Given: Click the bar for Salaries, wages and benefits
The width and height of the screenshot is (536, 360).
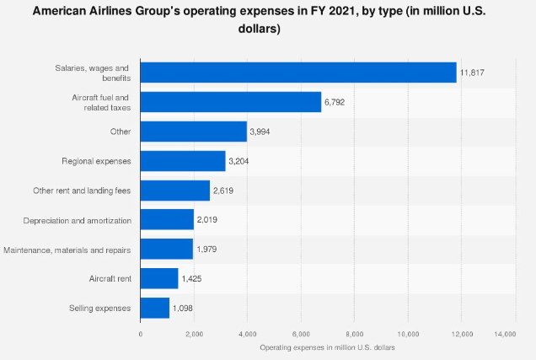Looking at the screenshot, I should point(298,73).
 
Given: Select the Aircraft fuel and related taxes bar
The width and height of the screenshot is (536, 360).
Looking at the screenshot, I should point(231,102).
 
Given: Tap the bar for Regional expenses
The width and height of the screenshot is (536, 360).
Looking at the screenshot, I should point(183,160).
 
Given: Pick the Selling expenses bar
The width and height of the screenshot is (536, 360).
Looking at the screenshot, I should point(155,308).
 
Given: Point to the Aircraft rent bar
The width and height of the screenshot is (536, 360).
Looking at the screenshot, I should point(159,278).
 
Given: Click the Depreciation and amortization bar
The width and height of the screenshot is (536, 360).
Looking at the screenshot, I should point(167,219).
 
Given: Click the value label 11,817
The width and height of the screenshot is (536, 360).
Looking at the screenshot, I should point(470,73).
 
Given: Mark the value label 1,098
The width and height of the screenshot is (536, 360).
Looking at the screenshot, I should point(185,309).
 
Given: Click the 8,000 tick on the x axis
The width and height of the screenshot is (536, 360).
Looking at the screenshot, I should point(355,335).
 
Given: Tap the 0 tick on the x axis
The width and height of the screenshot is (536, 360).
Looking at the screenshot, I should point(141,335).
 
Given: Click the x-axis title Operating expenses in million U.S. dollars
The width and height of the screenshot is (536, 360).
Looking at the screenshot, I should point(327,347).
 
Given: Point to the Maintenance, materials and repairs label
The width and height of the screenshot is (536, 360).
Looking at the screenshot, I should point(68,249).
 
